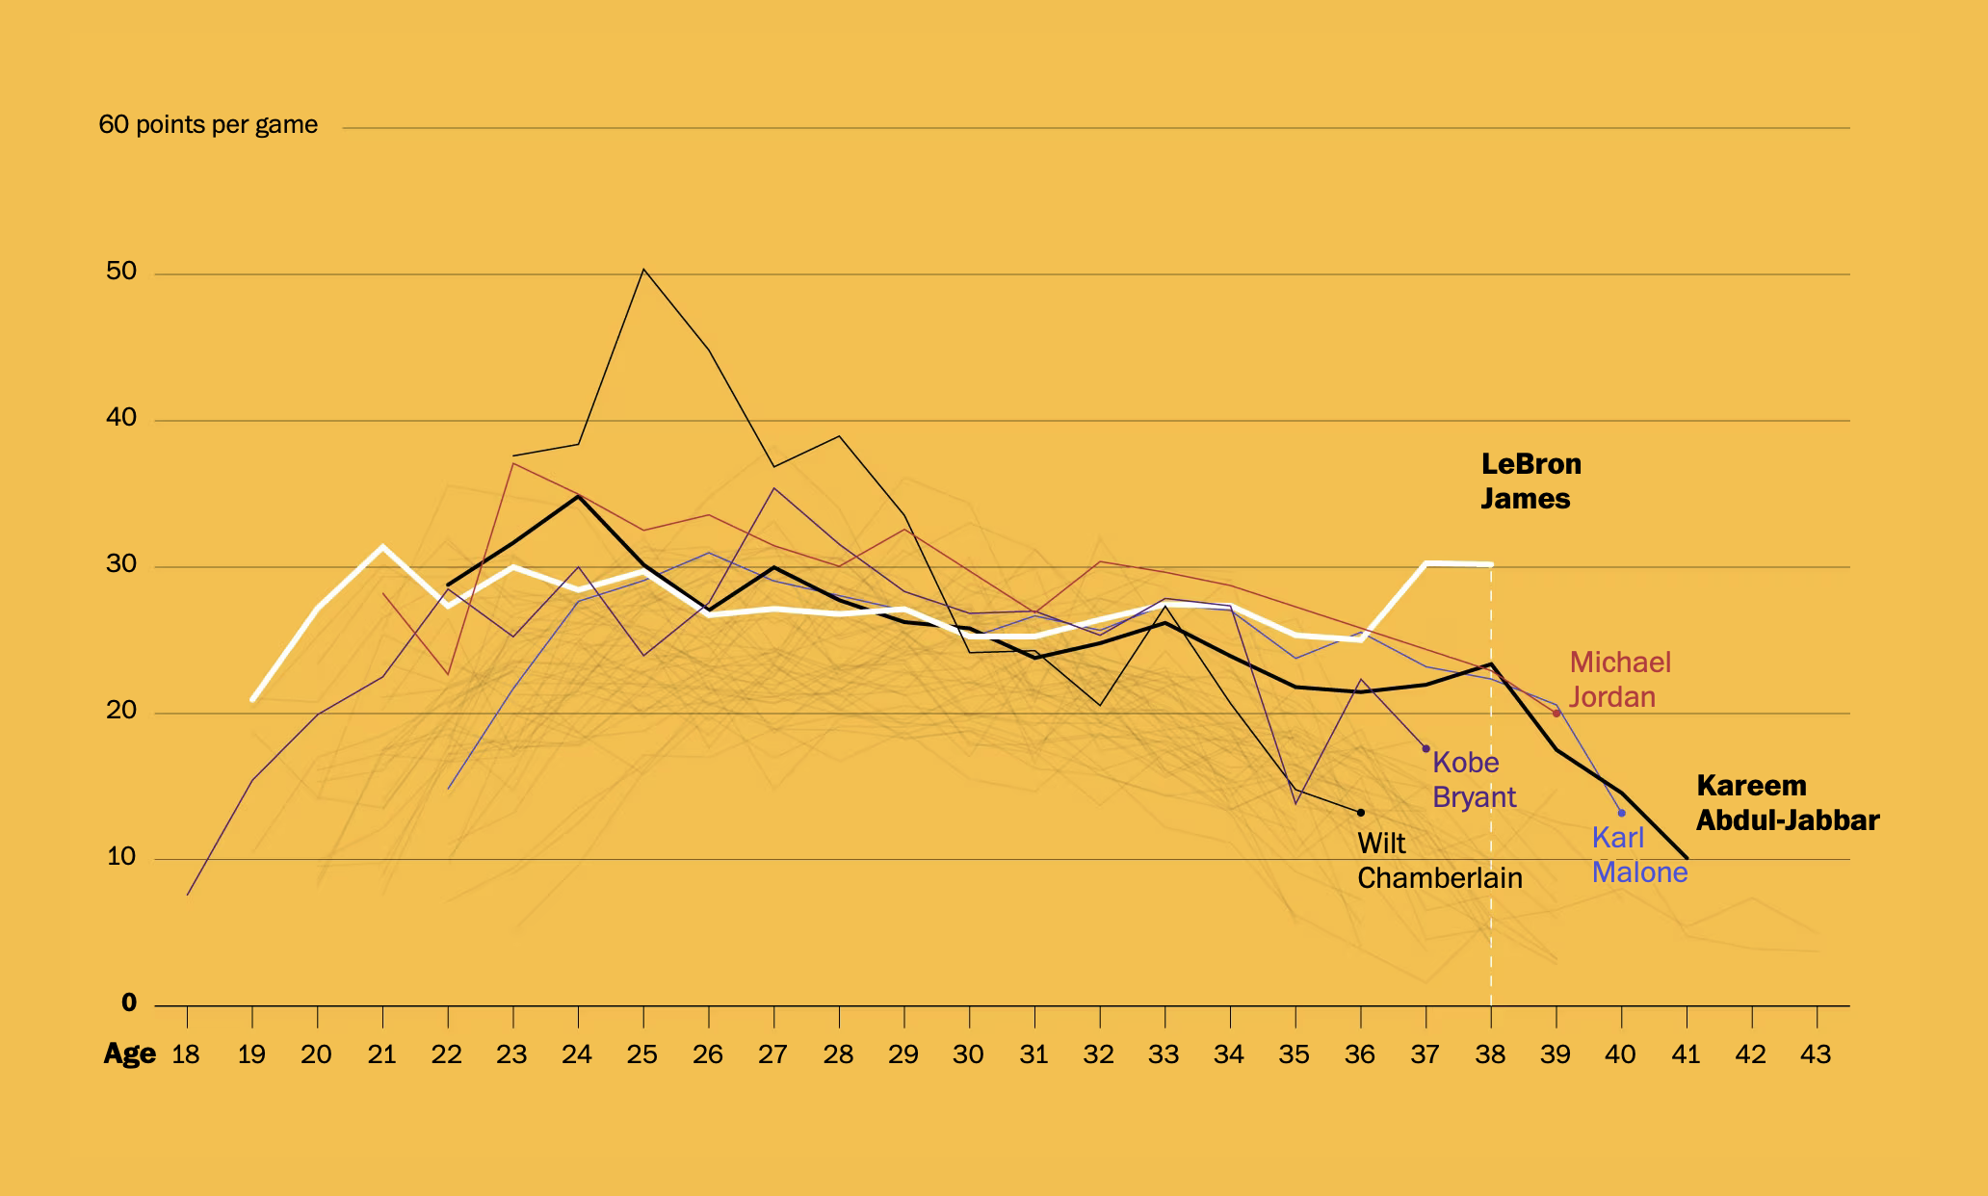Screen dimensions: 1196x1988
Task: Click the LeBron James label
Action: click(1530, 481)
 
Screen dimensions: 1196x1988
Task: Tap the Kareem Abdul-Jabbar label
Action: click(1787, 803)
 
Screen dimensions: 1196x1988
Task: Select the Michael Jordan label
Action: click(1619, 680)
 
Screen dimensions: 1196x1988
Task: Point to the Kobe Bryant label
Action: click(1474, 780)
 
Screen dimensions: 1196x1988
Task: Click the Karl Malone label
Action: click(1638, 855)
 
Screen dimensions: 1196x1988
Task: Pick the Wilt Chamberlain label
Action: click(1439, 861)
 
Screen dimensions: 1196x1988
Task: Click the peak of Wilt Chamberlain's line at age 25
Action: click(643, 270)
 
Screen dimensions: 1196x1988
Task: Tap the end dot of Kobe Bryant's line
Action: click(1426, 748)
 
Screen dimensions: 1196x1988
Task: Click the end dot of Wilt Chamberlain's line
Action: click(1361, 813)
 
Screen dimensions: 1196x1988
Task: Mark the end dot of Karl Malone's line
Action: click(1622, 813)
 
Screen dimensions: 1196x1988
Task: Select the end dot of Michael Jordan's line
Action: click(1556, 714)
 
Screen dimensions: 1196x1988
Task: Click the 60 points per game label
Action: click(208, 125)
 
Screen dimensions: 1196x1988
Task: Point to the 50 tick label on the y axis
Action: click(121, 272)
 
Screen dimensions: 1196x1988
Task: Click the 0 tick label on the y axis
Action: click(129, 1003)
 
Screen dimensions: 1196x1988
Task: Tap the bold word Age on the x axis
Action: click(129, 1054)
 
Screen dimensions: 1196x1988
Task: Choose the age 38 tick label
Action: click(1490, 1055)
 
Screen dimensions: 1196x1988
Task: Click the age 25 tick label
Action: click(642, 1055)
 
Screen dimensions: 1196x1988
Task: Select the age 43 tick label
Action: click(1816, 1055)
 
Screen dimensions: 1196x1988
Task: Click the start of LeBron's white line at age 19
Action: click(252, 699)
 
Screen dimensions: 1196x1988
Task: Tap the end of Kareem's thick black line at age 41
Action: click(1687, 857)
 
